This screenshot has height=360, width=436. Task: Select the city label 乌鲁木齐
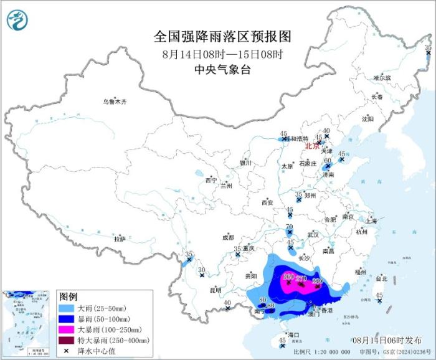coord(115,102)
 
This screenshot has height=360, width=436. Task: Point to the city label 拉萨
coord(120,239)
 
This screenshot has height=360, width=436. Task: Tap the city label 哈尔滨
coord(382,78)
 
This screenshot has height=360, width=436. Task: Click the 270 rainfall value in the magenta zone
coord(301,278)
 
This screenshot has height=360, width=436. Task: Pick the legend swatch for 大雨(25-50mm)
coord(66,308)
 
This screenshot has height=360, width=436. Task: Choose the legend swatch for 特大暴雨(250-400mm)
coord(66,340)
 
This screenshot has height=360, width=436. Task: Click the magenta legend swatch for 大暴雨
coord(66,329)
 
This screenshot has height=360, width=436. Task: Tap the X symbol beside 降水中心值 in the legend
coord(66,351)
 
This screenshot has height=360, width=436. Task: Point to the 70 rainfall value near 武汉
coord(289,227)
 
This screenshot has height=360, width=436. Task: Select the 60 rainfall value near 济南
coord(328,160)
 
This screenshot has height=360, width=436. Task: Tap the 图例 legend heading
coord(68,295)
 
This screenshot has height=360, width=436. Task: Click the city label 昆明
coord(215,290)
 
